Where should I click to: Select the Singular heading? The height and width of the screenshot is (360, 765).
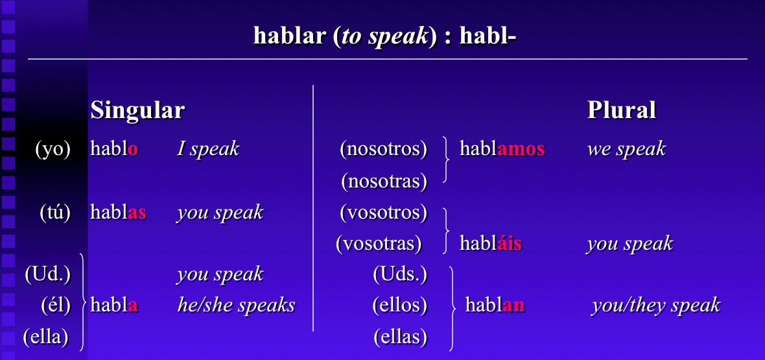(137, 110)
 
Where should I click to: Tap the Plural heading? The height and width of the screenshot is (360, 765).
(621, 110)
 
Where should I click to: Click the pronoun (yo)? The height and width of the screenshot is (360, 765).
(53, 149)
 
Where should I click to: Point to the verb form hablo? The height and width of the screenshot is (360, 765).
(114, 149)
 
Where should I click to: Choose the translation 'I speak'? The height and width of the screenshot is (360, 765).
(208, 149)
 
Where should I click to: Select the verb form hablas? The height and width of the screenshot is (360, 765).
(118, 212)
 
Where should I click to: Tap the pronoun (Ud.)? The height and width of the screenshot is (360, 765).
(47, 274)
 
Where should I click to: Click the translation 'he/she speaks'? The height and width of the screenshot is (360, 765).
(236, 305)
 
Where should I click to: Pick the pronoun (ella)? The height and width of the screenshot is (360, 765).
(46, 337)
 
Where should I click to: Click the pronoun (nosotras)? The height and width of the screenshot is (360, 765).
(384, 181)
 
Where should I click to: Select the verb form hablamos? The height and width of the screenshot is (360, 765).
(502, 149)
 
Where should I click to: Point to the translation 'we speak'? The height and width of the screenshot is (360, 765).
(626, 149)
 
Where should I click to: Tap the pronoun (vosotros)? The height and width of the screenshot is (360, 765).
(383, 212)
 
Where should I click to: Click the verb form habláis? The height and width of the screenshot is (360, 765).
(490, 244)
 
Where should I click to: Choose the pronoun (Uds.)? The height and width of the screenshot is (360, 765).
(400, 274)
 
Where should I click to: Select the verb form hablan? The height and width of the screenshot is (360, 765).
(495, 305)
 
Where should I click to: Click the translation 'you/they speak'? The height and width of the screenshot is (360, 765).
(655, 305)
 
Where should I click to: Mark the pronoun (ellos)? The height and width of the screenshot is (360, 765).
(399, 305)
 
